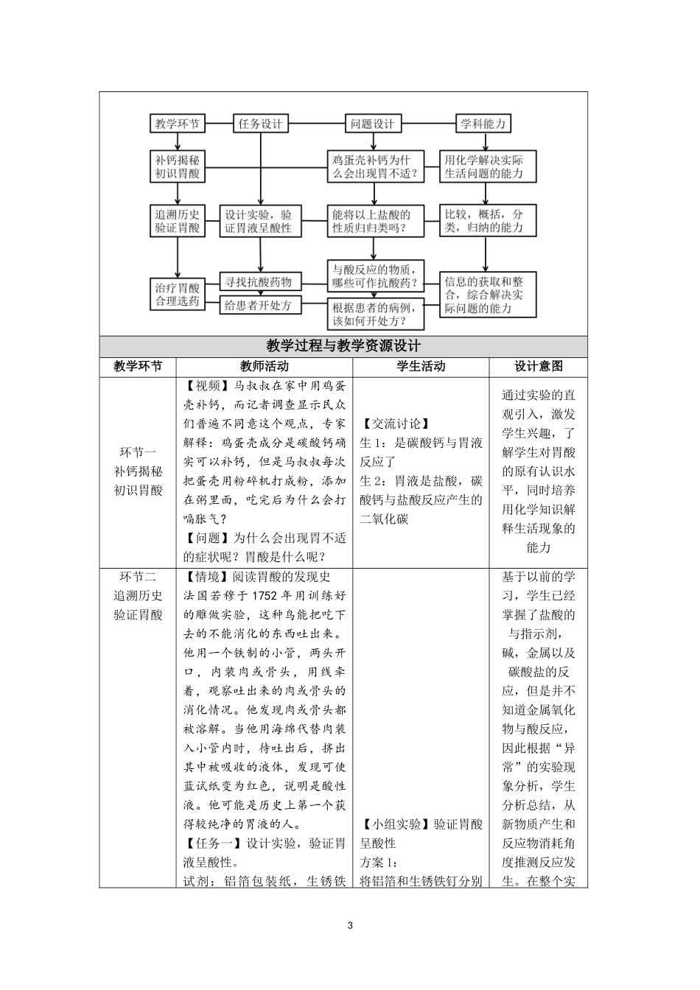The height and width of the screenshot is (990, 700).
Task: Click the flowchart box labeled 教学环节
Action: click(177, 124)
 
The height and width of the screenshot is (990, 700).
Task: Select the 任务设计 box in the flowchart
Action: click(260, 124)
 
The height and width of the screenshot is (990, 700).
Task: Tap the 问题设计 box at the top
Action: click(373, 124)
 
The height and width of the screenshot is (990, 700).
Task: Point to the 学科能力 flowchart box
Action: click(484, 124)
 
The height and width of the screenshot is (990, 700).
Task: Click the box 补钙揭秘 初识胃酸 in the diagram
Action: click(177, 166)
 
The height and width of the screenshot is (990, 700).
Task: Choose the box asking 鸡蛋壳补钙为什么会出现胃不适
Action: click(376, 166)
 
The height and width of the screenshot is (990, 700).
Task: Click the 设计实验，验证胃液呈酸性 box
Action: click(259, 221)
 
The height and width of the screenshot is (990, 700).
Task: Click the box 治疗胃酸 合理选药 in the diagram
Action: click(177, 294)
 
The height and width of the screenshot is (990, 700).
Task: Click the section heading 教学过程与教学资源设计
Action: click(343, 346)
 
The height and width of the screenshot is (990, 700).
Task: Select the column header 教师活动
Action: click(265, 366)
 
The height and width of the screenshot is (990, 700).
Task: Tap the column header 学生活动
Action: click(421, 366)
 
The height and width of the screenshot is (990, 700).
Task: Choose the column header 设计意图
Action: click(538, 366)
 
